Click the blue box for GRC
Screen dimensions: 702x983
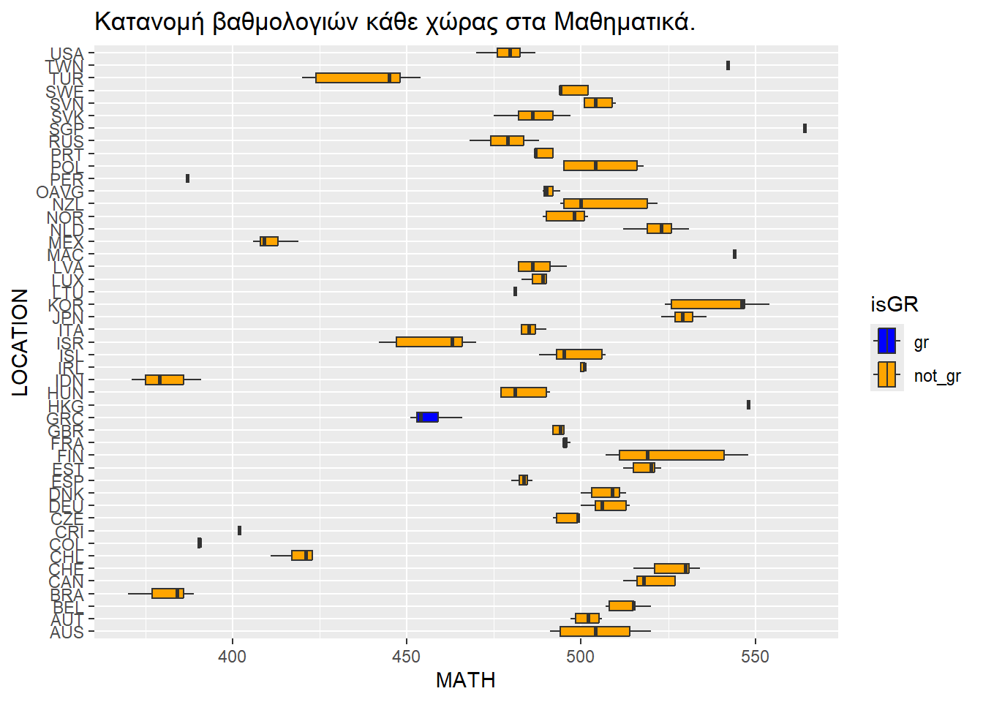tap(428, 417)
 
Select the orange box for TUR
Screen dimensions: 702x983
tap(358, 78)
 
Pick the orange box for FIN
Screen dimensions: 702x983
tap(671, 455)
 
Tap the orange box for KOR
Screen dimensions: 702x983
tap(707, 304)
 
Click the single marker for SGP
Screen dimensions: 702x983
tap(805, 128)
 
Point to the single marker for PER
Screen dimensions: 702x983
tap(188, 178)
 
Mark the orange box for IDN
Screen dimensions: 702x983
tap(165, 380)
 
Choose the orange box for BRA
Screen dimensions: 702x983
tap(167, 593)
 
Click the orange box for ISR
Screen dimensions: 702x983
tap(429, 341)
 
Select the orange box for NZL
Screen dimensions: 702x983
tap(606, 203)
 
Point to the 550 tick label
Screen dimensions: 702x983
tap(755, 656)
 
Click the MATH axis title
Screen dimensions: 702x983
tap(466, 680)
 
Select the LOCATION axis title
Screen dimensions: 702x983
tap(20, 342)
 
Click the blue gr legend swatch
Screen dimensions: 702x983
tap(886, 341)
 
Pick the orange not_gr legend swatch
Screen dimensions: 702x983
tap(886, 374)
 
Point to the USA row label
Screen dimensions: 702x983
tap(67, 53)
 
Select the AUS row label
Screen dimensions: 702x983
tap(67, 633)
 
